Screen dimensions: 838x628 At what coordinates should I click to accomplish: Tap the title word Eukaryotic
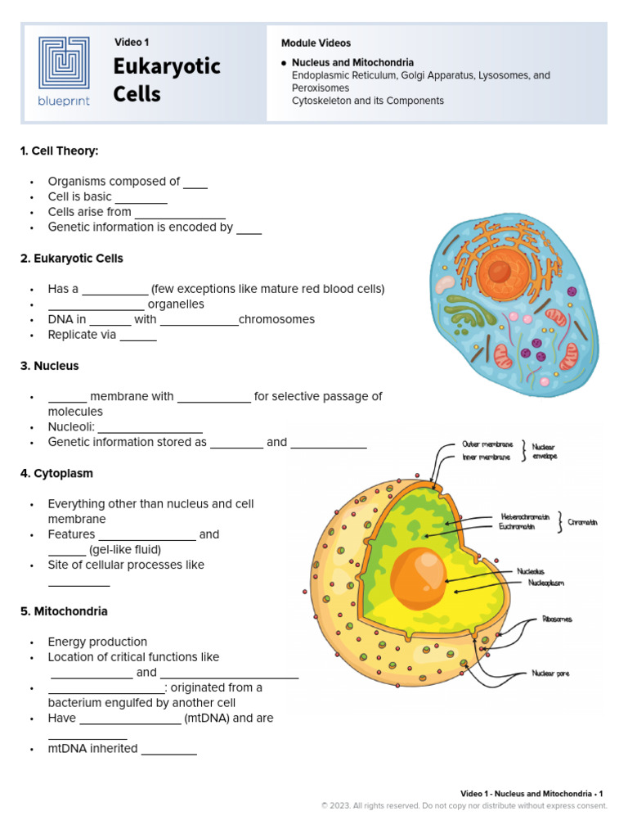(x=167, y=66)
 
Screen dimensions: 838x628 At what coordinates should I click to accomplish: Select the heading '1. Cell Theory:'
(x=59, y=151)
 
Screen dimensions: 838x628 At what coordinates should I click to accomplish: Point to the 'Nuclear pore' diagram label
(x=550, y=674)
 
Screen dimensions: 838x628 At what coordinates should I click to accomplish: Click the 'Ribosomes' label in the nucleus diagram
(x=557, y=619)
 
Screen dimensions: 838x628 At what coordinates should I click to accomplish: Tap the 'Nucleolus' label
(x=531, y=571)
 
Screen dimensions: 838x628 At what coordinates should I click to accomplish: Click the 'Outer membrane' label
(x=487, y=444)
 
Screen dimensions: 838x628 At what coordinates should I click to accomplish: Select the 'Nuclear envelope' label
(x=544, y=452)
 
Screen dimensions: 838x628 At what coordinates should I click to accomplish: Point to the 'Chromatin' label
(x=582, y=522)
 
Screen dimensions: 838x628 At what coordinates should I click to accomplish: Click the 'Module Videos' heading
(x=316, y=43)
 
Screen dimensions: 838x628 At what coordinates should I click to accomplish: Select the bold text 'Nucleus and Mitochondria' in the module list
(x=352, y=62)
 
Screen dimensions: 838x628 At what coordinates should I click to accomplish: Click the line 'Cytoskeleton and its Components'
(x=367, y=101)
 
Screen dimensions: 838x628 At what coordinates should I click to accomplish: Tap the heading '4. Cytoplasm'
(x=56, y=473)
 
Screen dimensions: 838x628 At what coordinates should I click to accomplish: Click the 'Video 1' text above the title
(x=132, y=42)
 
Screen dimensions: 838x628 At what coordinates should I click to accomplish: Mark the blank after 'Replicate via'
(x=138, y=335)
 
